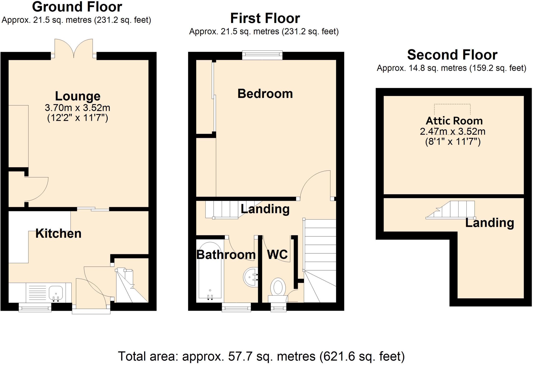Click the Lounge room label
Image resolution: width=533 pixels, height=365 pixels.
pyautogui.click(x=78, y=96)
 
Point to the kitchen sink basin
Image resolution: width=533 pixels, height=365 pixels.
pyautogui.click(x=56, y=293)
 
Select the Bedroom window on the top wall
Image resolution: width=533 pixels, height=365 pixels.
pyautogui.click(x=262, y=55)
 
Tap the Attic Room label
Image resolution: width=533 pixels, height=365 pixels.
pyautogui.click(x=454, y=121)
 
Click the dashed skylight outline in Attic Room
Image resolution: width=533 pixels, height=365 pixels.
pyautogui.click(x=452, y=109)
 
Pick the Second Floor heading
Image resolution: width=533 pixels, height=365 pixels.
pyautogui.click(x=452, y=55)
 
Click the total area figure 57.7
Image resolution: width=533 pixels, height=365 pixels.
pyautogui.click(x=240, y=356)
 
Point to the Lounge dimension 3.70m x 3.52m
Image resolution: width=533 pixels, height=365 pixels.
pyautogui.click(x=78, y=108)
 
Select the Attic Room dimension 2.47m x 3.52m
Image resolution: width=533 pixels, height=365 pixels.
pyautogui.click(x=453, y=131)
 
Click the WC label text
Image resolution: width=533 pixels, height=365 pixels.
pyautogui.click(x=277, y=255)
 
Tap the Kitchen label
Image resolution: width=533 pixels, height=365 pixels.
pyautogui.click(x=58, y=234)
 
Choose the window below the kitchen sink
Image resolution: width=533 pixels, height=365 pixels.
pyautogui.click(x=35, y=308)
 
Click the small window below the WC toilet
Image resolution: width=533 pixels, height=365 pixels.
pyautogui.click(x=278, y=308)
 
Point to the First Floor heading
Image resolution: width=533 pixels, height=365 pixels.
pyautogui.click(x=265, y=18)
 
